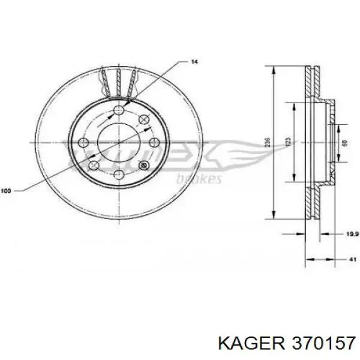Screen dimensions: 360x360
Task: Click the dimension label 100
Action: tap(7, 191)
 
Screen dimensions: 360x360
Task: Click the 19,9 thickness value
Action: tap(351, 235)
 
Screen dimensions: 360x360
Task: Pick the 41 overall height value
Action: tap(352, 259)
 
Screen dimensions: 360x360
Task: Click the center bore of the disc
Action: tap(118, 142)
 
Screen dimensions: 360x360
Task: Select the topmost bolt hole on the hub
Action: tap(118, 109)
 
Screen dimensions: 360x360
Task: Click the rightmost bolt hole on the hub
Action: tap(154, 142)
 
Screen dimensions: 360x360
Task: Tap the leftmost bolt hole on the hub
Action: tap(84, 143)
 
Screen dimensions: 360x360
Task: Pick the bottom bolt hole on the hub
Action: tap(118, 176)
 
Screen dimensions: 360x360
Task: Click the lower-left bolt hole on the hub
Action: tap(94, 166)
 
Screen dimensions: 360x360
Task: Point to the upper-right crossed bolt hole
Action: tap(143, 119)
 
